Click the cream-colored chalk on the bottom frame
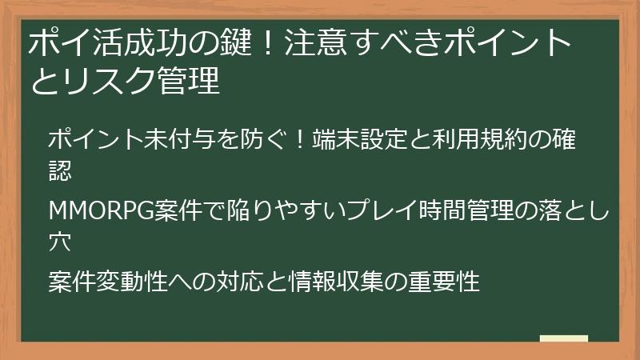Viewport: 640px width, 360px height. coord(563,339)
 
